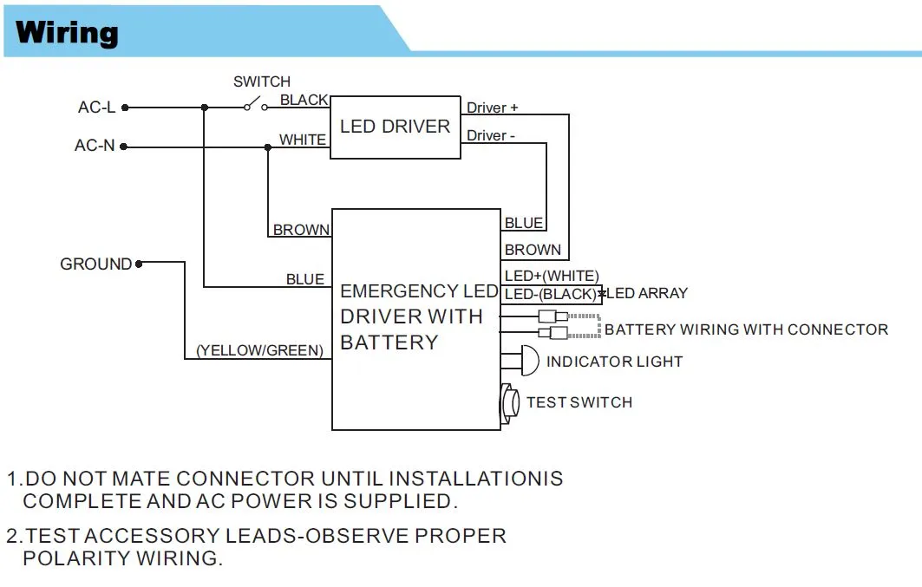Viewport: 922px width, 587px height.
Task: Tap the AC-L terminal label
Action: [96, 108]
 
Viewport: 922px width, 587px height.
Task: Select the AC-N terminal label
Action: [95, 146]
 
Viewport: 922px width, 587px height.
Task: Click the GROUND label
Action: [95, 264]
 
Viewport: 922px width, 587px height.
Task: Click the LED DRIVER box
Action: [395, 127]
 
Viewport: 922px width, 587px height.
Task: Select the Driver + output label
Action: [492, 108]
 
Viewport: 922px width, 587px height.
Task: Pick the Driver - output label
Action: [491, 135]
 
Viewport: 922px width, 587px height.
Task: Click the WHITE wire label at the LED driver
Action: [303, 139]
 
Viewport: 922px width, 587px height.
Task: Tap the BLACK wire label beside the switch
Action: [304, 100]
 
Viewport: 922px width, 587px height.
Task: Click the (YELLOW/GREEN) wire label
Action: [259, 350]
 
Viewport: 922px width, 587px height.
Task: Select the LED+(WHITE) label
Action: [551, 276]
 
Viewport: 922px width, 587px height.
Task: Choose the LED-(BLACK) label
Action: [550, 294]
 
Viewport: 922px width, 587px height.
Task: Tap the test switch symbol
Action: [508, 402]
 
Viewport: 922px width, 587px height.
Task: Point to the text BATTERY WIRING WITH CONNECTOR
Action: [746, 329]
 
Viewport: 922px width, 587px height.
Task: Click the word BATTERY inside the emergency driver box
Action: [389, 342]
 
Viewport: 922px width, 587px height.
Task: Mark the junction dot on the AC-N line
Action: [267, 147]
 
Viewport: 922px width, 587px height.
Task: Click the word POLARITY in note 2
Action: [75, 558]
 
